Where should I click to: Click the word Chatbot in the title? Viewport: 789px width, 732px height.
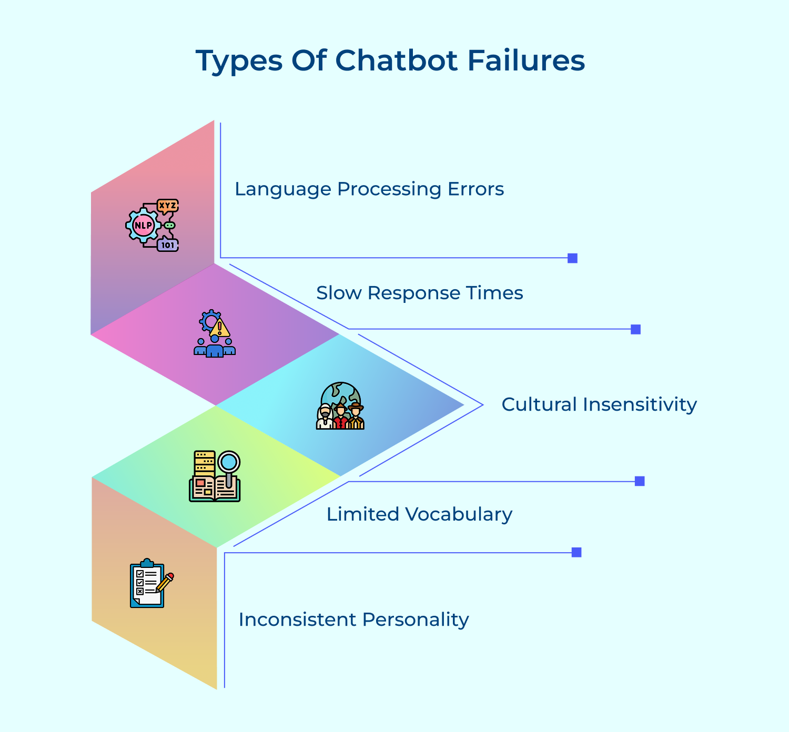(x=396, y=60)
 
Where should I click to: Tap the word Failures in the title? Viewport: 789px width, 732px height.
(x=526, y=60)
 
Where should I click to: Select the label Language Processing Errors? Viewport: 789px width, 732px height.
(x=369, y=189)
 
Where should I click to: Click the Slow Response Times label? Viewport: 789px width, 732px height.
(x=419, y=293)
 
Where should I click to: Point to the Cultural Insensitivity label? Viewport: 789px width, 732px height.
(x=599, y=404)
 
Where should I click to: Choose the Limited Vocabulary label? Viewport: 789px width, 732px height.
(x=419, y=514)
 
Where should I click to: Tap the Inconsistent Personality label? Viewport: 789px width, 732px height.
(x=353, y=619)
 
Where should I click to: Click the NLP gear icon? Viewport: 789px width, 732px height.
(x=143, y=226)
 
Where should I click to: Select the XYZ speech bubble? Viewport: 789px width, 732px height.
(x=168, y=206)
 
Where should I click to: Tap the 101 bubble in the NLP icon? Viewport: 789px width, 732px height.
(x=168, y=245)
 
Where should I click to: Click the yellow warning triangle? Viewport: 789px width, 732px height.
(x=219, y=328)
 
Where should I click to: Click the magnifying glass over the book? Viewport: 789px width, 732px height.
(x=229, y=463)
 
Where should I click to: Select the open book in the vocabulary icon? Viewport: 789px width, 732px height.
(x=215, y=489)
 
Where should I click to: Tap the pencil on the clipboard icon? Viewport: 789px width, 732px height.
(x=165, y=582)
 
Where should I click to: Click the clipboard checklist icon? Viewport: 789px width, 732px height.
(x=146, y=584)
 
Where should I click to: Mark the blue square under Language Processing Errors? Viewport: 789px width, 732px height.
(x=572, y=258)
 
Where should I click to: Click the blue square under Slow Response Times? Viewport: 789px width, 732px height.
(x=635, y=329)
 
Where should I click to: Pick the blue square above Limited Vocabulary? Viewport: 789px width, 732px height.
(x=640, y=481)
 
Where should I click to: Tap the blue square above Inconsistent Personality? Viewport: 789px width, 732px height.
(x=576, y=552)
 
